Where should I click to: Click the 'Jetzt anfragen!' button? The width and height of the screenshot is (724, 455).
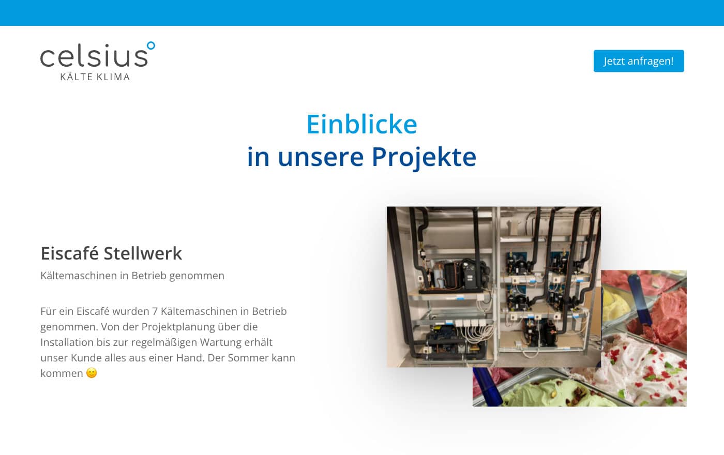(x=639, y=61)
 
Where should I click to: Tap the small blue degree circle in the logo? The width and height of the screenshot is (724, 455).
(x=151, y=45)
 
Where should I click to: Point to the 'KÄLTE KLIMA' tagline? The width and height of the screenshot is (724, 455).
(x=95, y=77)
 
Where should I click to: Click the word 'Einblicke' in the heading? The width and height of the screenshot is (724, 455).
(x=361, y=125)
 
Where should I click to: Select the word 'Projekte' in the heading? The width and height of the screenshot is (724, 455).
(x=424, y=157)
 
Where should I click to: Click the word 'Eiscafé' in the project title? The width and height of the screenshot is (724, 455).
(x=69, y=253)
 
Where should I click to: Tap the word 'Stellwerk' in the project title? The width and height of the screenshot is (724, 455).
(x=143, y=253)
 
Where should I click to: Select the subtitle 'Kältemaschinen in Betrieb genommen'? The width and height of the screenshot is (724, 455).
(x=132, y=276)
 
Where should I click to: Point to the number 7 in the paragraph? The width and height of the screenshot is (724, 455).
(x=155, y=311)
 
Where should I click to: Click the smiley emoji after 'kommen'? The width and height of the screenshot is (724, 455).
(x=92, y=373)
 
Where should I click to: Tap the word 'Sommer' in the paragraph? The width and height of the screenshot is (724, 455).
(x=248, y=358)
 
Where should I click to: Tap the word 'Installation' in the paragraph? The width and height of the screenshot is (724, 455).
(x=67, y=342)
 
